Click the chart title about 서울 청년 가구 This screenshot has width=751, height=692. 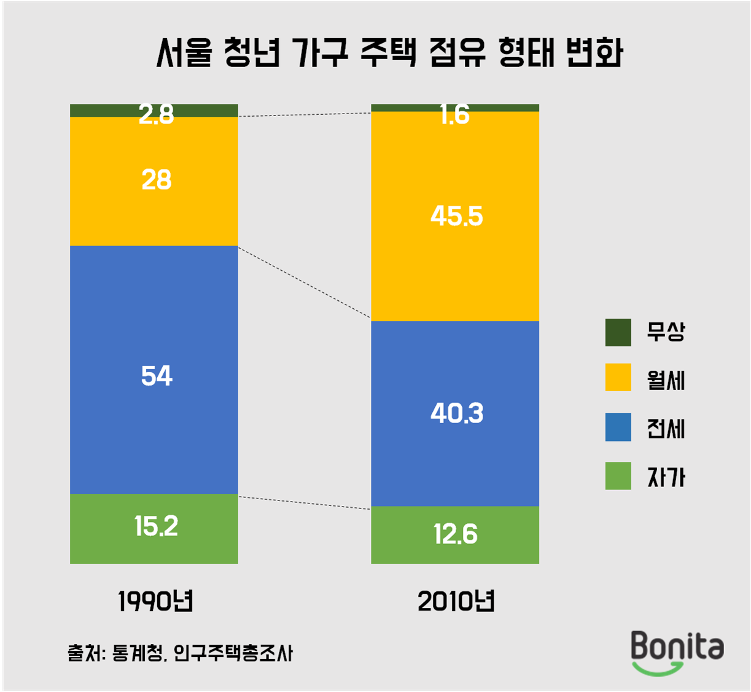[x=389, y=53]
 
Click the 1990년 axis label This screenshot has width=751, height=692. [x=155, y=602]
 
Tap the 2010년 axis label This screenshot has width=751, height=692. [x=456, y=602]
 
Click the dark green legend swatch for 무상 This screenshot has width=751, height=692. [x=618, y=332]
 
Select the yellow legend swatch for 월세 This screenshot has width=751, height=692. [x=618, y=378]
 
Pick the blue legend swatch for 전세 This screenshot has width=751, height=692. [x=618, y=427]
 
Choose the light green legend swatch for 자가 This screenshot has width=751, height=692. [x=618, y=476]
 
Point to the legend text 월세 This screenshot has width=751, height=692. [x=666, y=381]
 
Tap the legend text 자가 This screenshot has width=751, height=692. [x=666, y=478]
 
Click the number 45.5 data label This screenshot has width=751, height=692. [x=456, y=216]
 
